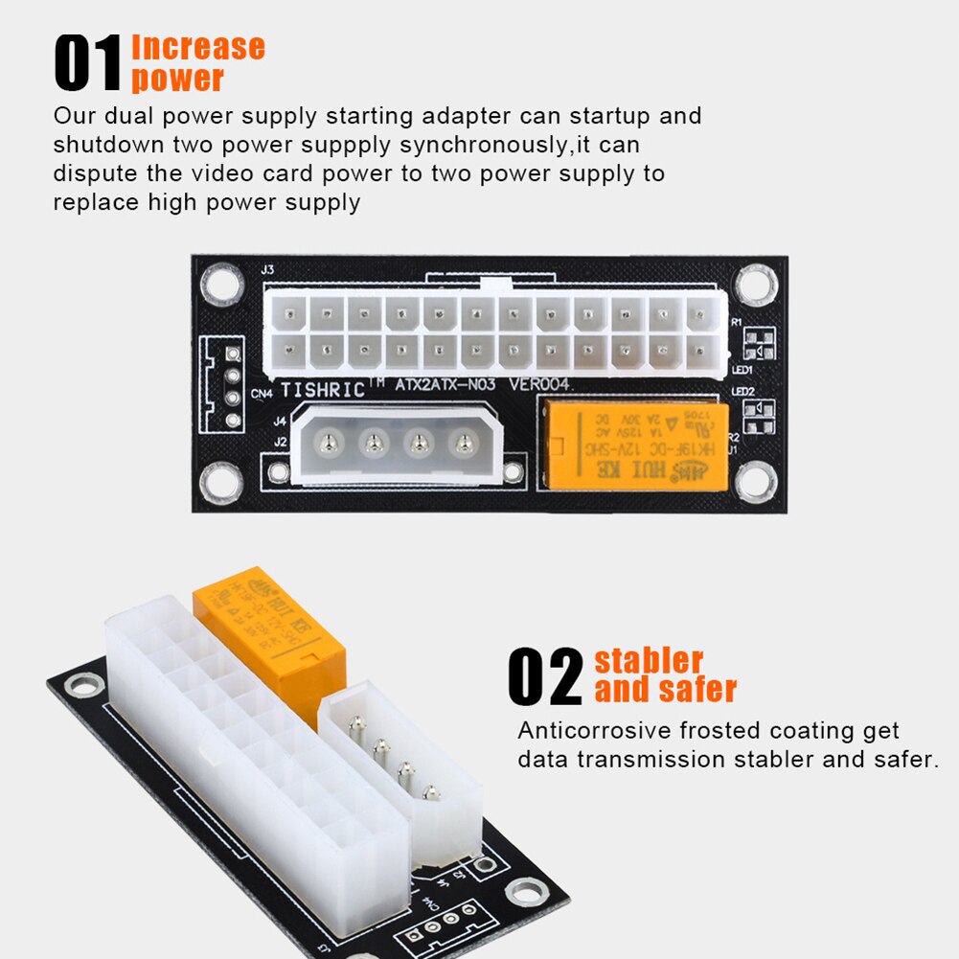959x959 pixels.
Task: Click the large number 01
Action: click(x=88, y=63)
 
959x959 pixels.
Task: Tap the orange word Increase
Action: click(x=197, y=47)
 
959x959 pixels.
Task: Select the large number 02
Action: click(x=545, y=676)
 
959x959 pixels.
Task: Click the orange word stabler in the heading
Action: click(x=649, y=660)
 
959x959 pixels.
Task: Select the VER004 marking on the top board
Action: click(x=539, y=386)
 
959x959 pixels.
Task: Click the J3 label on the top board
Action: click(x=267, y=270)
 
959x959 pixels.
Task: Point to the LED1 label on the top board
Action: click(x=742, y=369)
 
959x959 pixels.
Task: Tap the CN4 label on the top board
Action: click(x=262, y=392)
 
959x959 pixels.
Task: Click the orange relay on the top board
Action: click(x=633, y=446)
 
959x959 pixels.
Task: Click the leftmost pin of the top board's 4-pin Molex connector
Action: click(x=330, y=443)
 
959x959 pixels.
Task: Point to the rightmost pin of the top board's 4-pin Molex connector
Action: click(x=465, y=443)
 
